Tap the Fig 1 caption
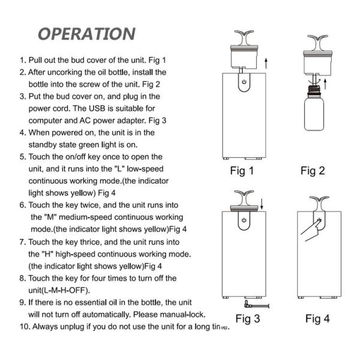pyautogui.click(x=242, y=171)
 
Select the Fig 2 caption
pyautogui.click(x=313, y=171)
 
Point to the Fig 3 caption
pyautogui.click(x=247, y=319)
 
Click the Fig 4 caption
pyautogui.click(x=317, y=319)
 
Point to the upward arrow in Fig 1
pyautogui.click(x=266, y=61)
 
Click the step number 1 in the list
pyautogui.click(x=23, y=61)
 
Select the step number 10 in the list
pyautogui.click(x=25, y=327)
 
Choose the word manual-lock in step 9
pyautogui.click(x=181, y=314)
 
